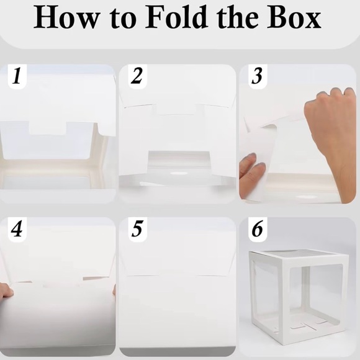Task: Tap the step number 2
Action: [137, 78]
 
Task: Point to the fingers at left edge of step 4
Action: [6, 291]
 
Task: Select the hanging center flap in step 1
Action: [47, 127]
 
